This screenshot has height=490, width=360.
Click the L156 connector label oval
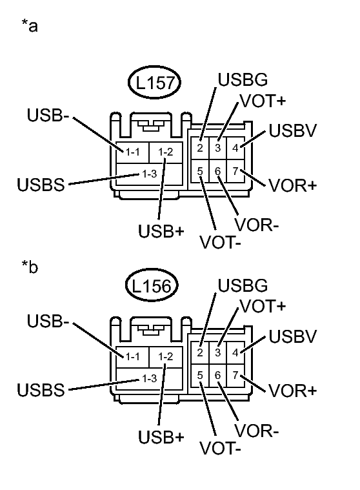[x=154, y=289]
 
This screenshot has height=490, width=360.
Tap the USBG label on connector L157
[x=243, y=81]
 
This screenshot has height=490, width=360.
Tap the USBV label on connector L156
[x=292, y=336]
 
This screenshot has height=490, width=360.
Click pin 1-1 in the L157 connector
[x=133, y=152]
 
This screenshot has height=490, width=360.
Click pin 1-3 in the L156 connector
[x=150, y=378]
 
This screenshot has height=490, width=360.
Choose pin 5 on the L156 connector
[x=201, y=375]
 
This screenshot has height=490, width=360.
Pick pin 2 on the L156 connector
[x=201, y=352]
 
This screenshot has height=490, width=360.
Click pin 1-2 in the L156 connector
[x=166, y=356]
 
